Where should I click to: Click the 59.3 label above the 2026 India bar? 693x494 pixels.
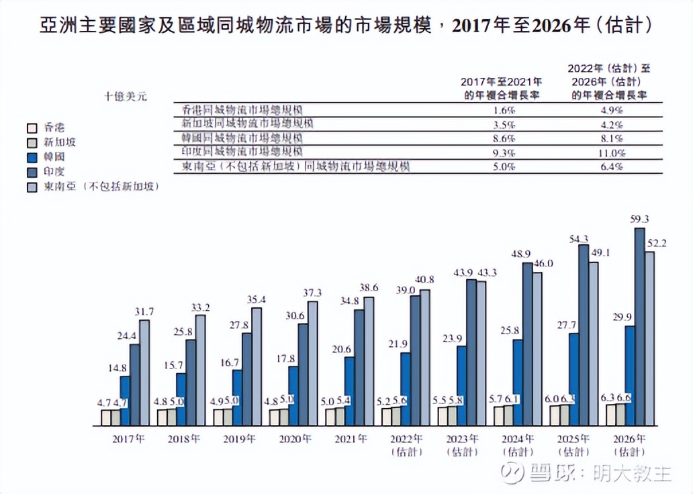click(639, 219)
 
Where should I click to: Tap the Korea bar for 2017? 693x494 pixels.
click(125, 401)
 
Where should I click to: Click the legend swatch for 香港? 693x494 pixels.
click(31, 128)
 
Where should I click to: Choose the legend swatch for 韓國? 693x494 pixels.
click(31, 157)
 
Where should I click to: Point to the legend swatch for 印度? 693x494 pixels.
click(31, 172)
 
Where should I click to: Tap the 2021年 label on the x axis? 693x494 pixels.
click(351, 440)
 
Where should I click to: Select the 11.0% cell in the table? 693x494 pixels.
click(612, 153)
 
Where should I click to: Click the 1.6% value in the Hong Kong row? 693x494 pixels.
click(503, 110)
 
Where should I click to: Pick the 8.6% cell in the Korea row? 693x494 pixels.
click(503, 139)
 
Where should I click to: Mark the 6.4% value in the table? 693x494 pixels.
click(612, 167)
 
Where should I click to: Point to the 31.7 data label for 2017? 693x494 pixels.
click(144, 311)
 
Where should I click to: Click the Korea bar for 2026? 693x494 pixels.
click(629, 376)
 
